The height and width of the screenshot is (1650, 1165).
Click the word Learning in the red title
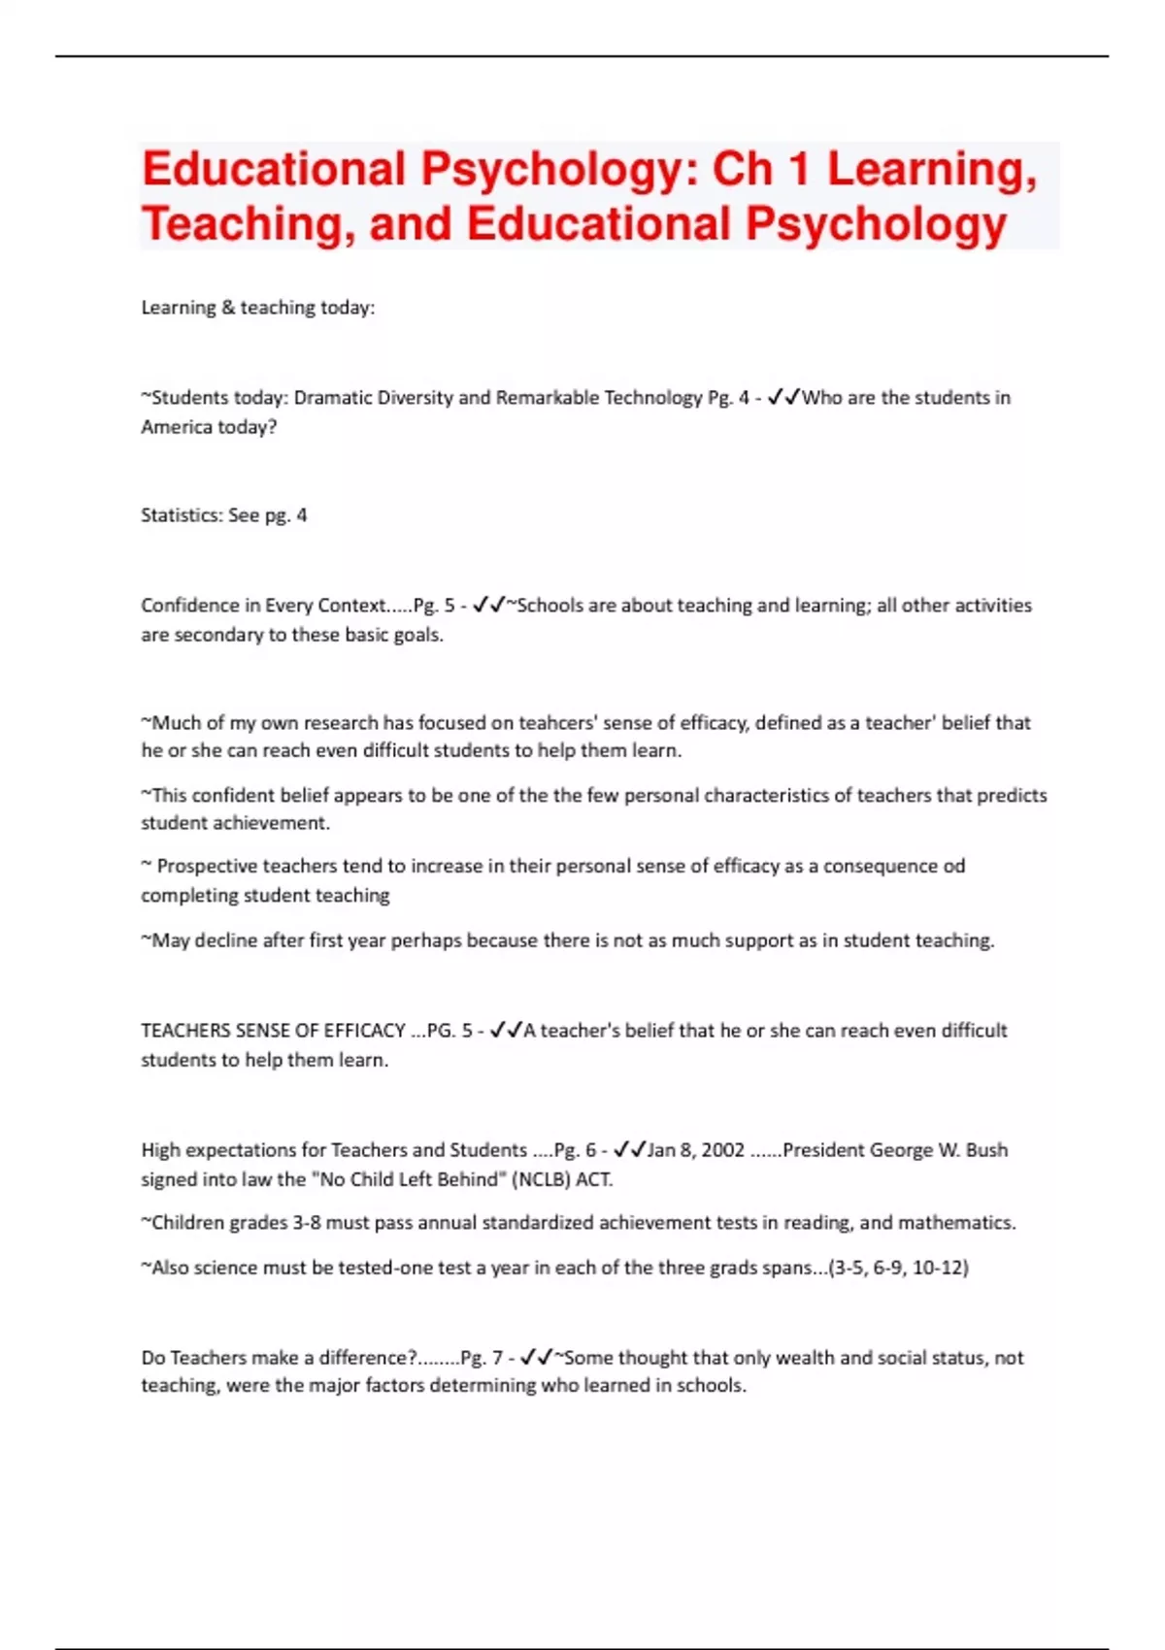click(x=931, y=170)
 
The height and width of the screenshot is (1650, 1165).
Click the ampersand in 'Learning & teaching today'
click(x=228, y=308)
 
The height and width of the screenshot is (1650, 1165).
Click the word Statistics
click(x=181, y=515)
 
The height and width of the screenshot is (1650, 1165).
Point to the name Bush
click(x=986, y=1150)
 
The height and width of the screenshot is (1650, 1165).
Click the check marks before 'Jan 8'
click(x=630, y=1150)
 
